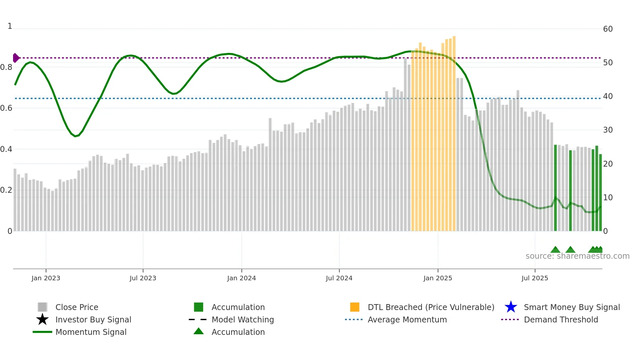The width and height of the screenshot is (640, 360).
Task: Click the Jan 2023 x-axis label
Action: [46, 278]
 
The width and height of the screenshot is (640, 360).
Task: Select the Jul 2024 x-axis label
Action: [339, 278]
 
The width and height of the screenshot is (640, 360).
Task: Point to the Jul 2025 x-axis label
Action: [535, 278]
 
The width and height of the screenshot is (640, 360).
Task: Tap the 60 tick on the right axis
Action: [608, 29]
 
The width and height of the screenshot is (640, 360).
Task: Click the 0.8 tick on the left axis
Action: [6, 67]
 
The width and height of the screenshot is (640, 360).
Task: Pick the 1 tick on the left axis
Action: [10, 26]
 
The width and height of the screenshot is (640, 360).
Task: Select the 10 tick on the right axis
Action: [608, 198]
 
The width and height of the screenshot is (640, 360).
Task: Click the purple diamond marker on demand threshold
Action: [16, 58]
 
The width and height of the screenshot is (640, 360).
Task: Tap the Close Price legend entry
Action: [77, 307]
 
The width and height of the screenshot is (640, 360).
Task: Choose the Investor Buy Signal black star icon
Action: [42, 319]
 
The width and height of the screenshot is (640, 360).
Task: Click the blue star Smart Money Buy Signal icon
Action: [511, 307]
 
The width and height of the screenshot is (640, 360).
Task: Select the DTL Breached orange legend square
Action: [355, 307]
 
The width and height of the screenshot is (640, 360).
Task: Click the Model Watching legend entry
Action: [243, 319]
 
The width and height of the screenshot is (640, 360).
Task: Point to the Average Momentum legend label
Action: [407, 319]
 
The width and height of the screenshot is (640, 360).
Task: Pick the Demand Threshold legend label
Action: [561, 319]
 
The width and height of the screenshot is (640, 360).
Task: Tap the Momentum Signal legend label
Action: [91, 332]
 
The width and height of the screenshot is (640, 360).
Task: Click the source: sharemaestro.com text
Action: [577, 256]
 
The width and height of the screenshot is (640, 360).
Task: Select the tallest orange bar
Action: [454, 131]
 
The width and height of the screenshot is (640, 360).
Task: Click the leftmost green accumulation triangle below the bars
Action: [555, 250]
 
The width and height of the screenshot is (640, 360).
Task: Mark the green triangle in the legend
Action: [199, 331]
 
